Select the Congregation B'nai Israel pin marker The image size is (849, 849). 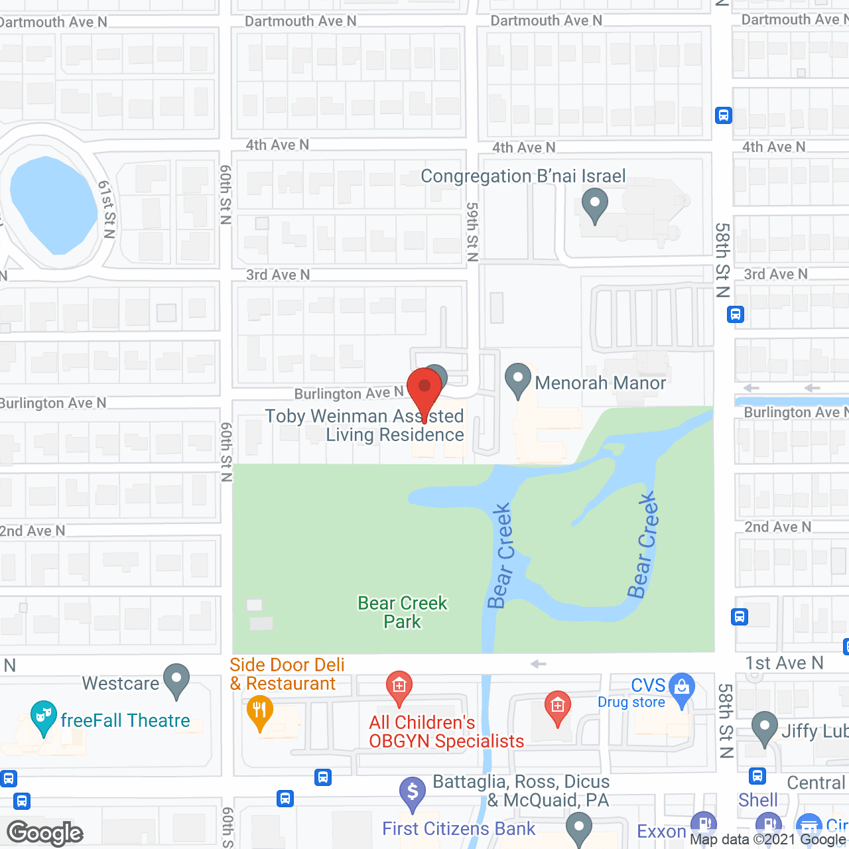point(594,206)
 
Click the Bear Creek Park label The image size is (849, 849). point(403,612)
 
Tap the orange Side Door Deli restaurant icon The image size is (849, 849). point(259,712)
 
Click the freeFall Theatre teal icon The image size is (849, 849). point(43,718)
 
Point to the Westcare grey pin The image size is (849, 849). point(176,681)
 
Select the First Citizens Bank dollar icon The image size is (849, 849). point(412,793)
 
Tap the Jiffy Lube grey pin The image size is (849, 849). point(765,728)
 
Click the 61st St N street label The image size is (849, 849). point(106,209)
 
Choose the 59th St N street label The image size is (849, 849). point(472,232)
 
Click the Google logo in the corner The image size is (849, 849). point(45,833)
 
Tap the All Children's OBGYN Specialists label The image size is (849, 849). point(446,732)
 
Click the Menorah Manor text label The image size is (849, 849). point(600,383)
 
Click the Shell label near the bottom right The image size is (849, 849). point(758,800)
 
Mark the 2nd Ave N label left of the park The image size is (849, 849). point(33,531)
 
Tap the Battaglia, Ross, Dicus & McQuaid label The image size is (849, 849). point(521,791)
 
